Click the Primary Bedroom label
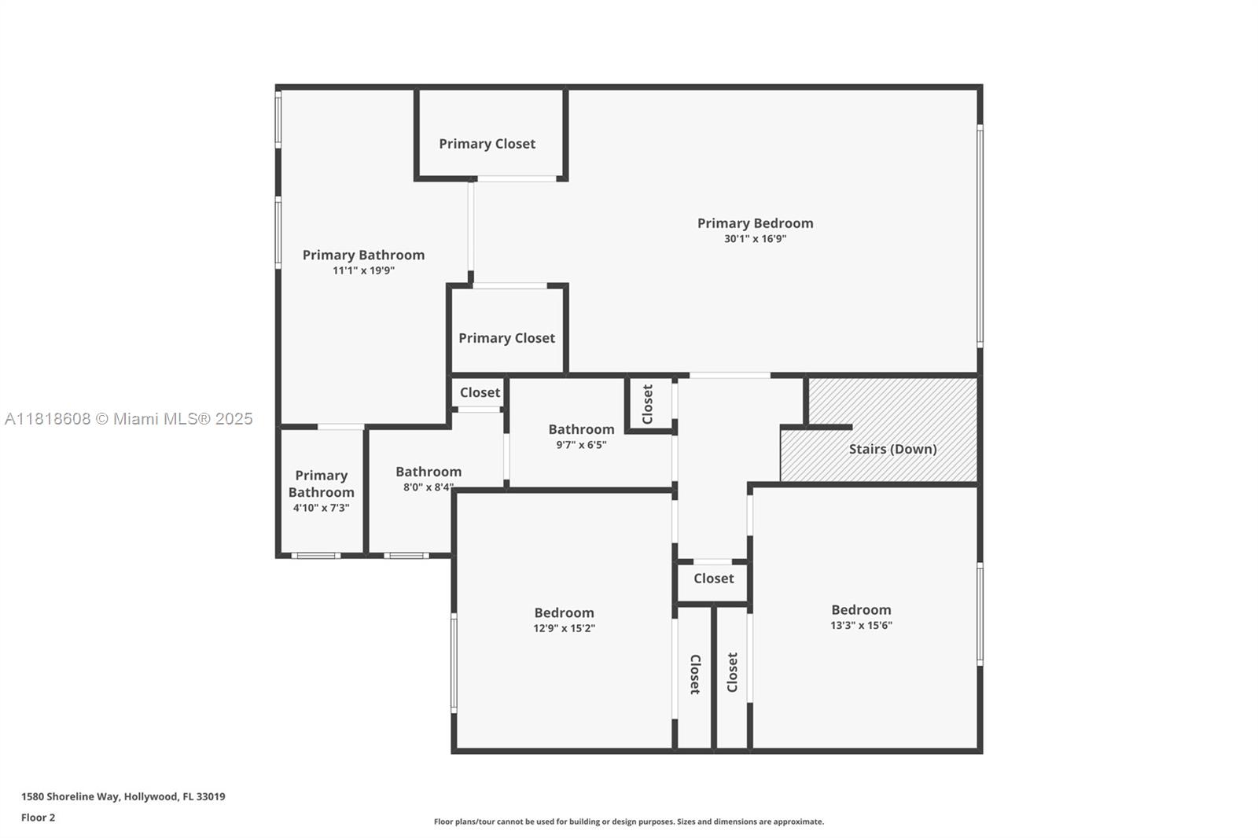pos(755,223)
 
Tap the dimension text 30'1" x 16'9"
pos(755,239)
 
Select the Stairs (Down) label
pos(892,450)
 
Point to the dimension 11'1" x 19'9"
pos(363,270)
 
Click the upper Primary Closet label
pos(487,145)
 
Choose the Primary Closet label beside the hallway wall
pos(506,338)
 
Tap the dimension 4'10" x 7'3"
pos(321,509)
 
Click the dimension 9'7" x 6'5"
pos(581,446)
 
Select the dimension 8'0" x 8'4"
pos(429,487)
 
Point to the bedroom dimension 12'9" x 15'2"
pos(564,629)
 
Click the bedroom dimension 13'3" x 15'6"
pos(861,626)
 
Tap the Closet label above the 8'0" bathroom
pos(480,392)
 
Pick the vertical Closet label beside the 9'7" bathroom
pos(648,404)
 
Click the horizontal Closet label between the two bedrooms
pos(713,579)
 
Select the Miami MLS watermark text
pos(129,419)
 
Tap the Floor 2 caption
pos(39,818)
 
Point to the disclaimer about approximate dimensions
pos(628,821)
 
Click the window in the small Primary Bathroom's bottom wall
pos(315,556)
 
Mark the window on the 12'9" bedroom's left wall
pos(454,663)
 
